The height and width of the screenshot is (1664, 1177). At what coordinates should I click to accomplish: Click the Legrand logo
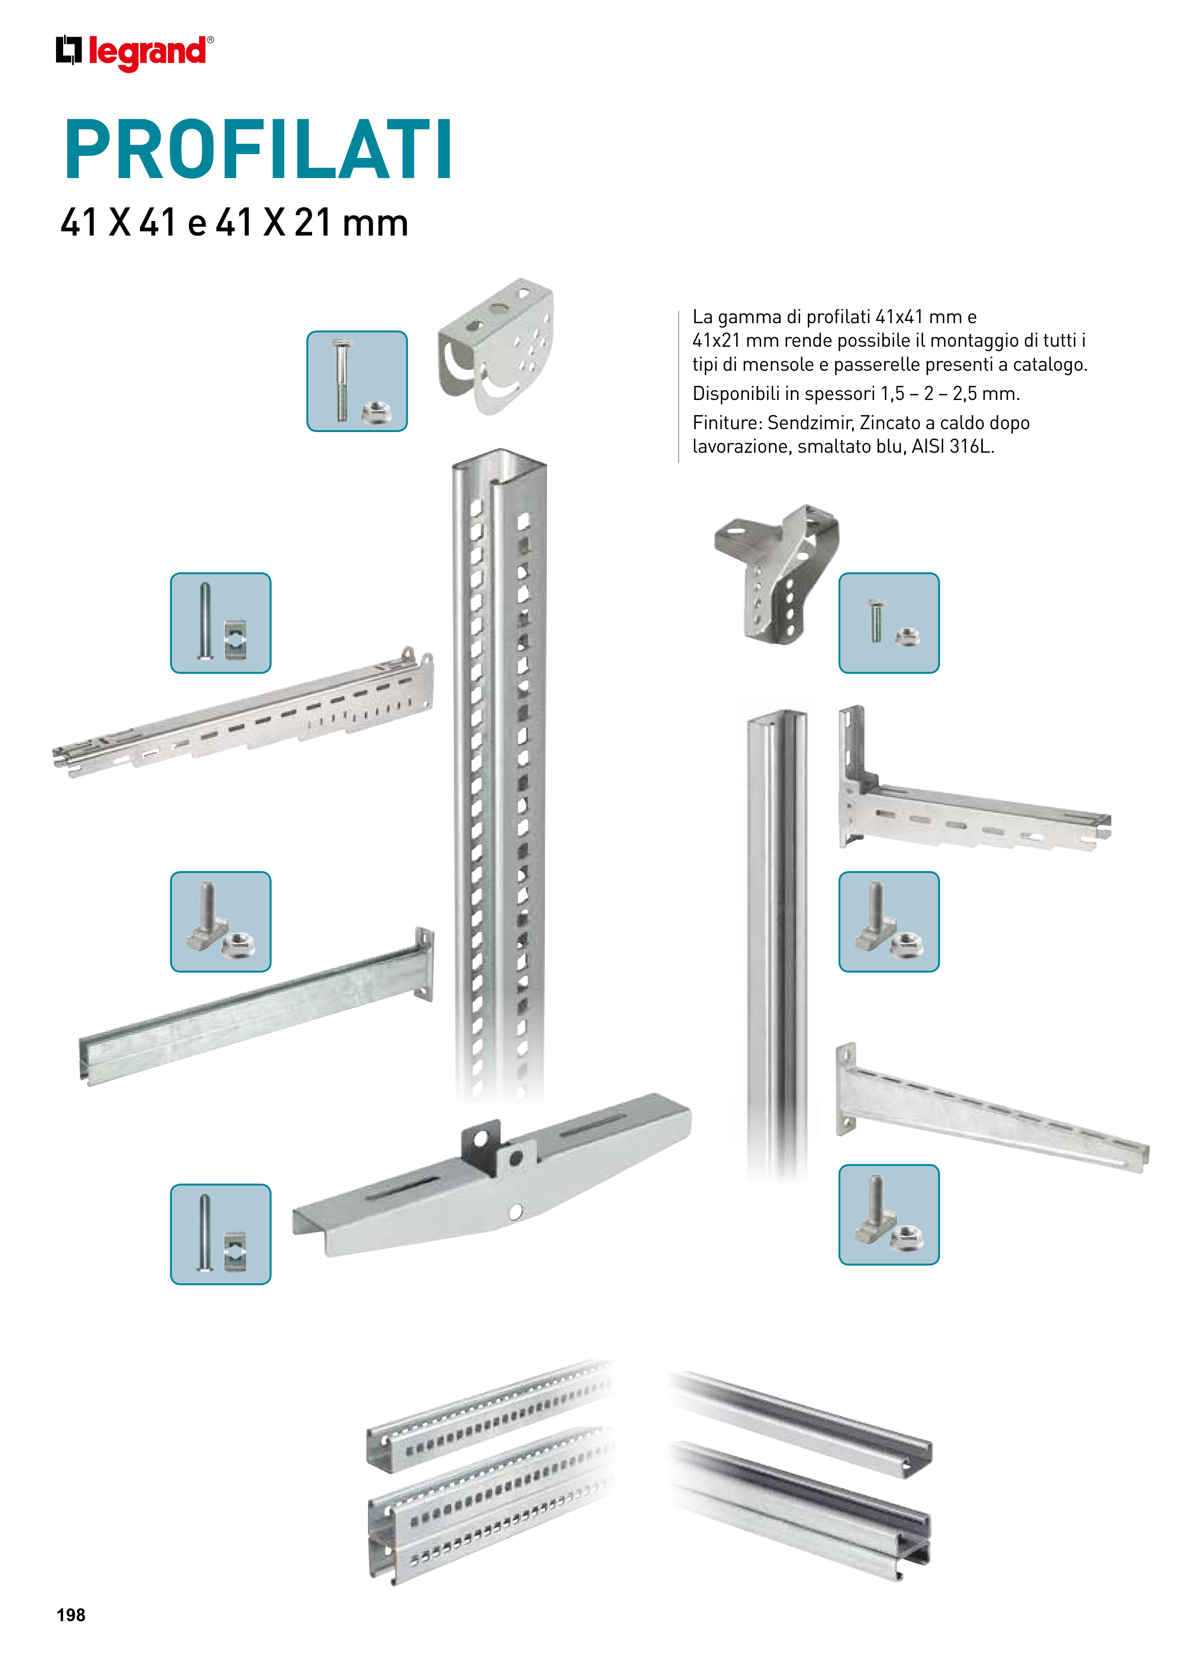tap(135, 53)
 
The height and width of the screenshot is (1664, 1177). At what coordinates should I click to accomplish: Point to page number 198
tap(71, 1615)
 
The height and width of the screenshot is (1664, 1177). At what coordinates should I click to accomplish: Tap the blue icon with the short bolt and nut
tap(889, 623)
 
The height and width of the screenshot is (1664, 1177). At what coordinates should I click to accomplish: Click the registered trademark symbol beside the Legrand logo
tap(210, 40)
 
